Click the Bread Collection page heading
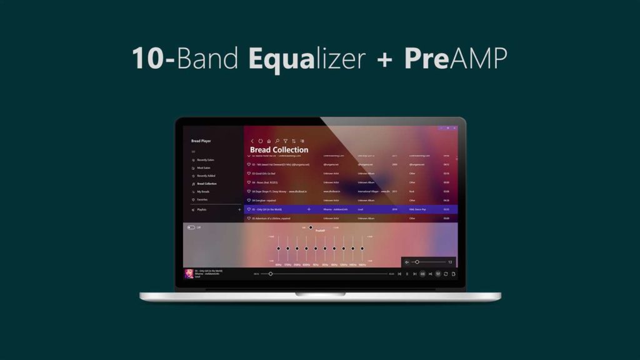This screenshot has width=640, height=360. point(279,150)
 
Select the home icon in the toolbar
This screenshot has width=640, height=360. point(269,141)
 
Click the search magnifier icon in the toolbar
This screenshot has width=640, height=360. point(277,141)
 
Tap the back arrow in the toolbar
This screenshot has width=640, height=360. point(252,141)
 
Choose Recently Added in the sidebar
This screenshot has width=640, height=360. point(206,176)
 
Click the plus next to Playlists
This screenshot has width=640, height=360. point(239,210)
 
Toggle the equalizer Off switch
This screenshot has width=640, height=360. point(191,227)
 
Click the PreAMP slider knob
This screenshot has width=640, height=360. point(311,227)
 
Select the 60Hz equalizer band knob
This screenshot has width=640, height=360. point(278,249)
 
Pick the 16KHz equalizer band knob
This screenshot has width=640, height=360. point(362,249)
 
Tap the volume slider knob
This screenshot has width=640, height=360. point(417,262)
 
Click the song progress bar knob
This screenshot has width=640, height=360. point(270,274)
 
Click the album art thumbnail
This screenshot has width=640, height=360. point(189,274)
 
